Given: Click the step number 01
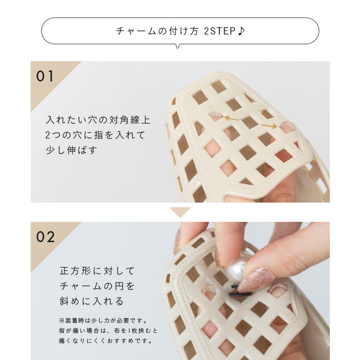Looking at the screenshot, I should click(45, 76).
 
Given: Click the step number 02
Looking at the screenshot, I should click(46, 237).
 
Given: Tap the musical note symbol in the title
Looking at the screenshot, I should click(241, 31).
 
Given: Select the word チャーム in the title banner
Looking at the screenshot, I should click(133, 31).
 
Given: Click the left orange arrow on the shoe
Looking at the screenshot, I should click(232, 118).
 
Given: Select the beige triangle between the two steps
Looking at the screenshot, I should click(180, 212).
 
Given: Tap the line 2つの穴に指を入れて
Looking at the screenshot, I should click(95, 135).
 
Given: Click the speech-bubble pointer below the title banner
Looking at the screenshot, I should click(177, 46).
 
